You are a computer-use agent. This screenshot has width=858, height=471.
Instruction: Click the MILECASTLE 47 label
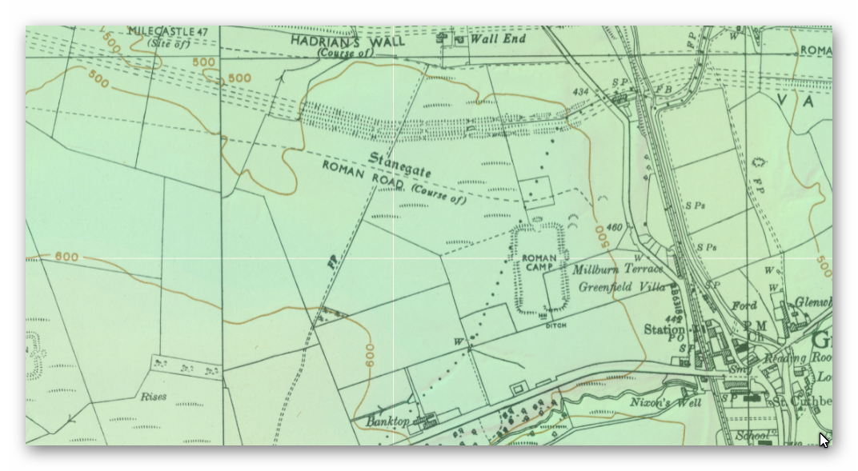[167, 32]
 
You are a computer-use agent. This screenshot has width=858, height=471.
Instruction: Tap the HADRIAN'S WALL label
[347, 41]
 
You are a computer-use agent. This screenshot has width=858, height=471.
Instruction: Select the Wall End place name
[497, 38]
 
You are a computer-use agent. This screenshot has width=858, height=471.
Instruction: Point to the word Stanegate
[400, 165]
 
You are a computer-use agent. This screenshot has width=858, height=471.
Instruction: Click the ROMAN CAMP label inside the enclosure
[539, 262]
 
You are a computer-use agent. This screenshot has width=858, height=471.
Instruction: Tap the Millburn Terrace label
[617, 269]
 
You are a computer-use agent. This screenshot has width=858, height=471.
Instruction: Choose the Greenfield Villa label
[621, 286]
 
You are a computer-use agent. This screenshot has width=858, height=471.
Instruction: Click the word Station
[664, 329]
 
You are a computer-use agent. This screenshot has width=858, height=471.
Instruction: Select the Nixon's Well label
[666, 402]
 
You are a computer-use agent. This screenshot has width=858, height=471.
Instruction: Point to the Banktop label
[387, 421]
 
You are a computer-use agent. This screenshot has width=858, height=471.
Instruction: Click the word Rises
[154, 397]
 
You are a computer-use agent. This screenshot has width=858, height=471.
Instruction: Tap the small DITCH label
[555, 325]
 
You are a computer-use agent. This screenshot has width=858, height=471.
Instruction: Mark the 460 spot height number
[614, 227]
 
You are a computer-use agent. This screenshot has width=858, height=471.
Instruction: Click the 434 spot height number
[580, 92]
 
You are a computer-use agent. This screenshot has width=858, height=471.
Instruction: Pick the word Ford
[744, 305]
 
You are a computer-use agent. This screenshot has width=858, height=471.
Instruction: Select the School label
[752, 436]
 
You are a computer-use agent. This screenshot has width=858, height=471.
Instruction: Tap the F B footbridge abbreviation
[664, 90]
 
